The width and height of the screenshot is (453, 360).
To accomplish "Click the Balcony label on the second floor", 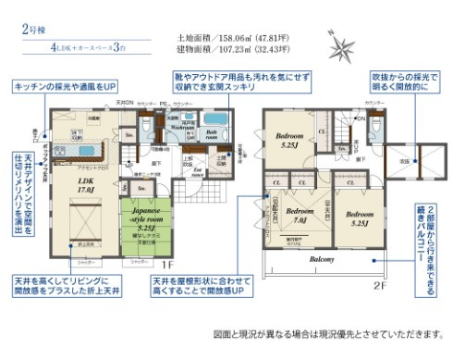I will pos(323,260).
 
